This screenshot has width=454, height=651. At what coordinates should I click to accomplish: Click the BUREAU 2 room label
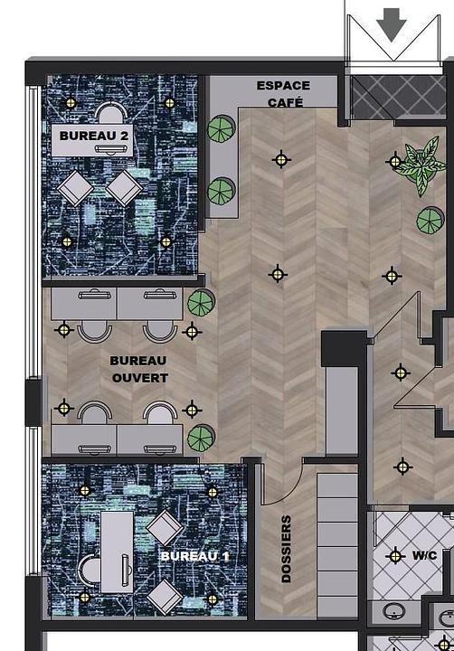coord(94,136)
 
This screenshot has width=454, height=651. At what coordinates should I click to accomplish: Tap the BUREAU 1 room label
coord(194,556)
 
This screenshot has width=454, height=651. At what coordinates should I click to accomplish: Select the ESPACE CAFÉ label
coord(284,94)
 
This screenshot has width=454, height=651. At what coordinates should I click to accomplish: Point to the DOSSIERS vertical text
coord(286,550)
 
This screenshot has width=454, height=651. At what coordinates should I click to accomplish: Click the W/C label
coord(424,555)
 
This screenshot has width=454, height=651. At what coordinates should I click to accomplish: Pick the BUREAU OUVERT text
coord(138,369)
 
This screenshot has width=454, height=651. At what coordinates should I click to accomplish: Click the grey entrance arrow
coord(392,25)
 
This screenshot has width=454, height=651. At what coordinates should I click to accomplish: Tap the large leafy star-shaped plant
coord(421,165)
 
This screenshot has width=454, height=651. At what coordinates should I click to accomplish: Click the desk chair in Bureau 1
coord(90,570)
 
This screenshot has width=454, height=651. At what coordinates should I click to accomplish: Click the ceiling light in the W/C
coord(394,556)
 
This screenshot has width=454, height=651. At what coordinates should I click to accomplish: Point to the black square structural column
coord(344,349)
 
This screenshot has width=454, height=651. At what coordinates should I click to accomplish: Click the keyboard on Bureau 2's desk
coord(111,148)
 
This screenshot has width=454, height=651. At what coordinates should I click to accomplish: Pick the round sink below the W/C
coord(393,611)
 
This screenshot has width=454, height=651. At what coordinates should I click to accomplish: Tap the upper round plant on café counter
coord(222,128)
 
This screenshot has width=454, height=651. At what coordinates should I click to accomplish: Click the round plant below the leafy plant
coord(430,220)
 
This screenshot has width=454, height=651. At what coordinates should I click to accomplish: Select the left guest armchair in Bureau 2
coord(76,188)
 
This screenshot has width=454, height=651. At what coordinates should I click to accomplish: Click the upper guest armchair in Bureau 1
coord(165,527)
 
